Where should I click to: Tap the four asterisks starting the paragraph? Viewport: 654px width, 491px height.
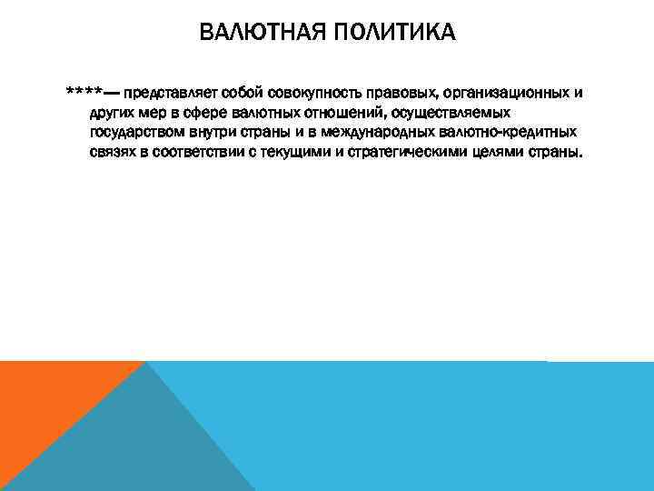click(x=83, y=93)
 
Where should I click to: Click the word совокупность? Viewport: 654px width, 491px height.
click(x=299, y=93)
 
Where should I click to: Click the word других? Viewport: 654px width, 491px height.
click(x=113, y=113)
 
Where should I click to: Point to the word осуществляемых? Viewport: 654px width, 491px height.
click(x=451, y=113)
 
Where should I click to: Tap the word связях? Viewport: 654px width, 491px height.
click(x=115, y=153)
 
